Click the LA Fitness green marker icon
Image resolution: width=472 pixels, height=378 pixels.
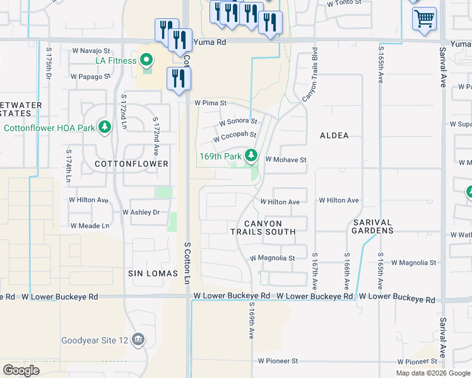tap(146, 60)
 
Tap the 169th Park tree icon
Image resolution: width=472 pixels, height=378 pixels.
tap(251, 155)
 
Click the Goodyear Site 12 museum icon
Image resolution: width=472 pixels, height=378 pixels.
tap(138, 341)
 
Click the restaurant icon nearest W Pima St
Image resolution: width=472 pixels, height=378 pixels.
tap(179, 78)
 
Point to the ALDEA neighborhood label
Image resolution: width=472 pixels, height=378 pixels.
tap(334, 135)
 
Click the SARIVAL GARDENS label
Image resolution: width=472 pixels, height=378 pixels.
tap(373, 227)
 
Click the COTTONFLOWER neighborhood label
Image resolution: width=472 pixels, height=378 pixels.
tap(131, 164)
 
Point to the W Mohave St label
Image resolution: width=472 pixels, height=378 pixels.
tap(285, 160)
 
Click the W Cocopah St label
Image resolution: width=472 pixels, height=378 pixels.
tap(235, 135)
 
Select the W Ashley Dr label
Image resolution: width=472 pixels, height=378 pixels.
tap(141, 212)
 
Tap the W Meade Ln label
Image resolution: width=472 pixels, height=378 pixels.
tap(90, 226)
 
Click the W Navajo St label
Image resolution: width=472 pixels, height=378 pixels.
tap(91, 50)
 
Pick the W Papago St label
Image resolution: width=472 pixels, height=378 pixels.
tap(91, 77)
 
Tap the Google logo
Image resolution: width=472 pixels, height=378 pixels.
tap(21, 370)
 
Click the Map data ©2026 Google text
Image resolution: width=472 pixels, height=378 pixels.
tap(432, 373)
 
